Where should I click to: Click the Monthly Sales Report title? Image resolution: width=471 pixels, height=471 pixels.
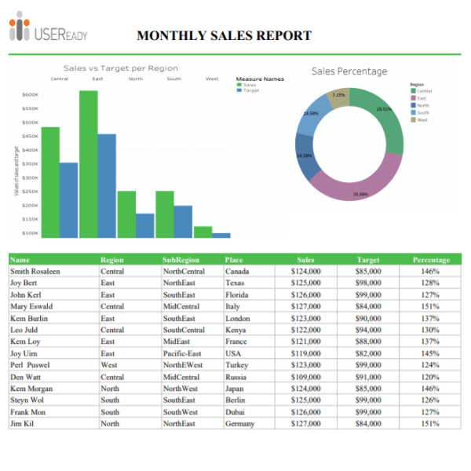click(x=224, y=36)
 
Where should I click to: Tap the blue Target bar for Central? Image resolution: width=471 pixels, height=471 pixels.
click(x=69, y=199)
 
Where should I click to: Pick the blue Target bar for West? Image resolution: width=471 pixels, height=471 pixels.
click(x=221, y=235)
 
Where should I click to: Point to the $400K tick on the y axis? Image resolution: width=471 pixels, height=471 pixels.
click(x=30, y=150)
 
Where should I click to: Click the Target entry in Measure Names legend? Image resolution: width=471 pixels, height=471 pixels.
click(x=250, y=91)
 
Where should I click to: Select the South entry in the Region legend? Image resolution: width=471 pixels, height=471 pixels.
click(x=422, y=112)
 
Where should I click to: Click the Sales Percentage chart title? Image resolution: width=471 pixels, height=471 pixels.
click(x=349, y=71)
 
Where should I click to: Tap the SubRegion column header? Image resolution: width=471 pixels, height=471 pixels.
click(x=181, y=260)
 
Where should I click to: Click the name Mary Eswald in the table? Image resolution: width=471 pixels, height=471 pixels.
click(x=31, y=307)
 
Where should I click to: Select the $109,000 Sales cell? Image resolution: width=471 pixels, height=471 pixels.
click(x=305, y=377)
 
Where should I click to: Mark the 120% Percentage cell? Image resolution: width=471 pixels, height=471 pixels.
click(x=430, y=377)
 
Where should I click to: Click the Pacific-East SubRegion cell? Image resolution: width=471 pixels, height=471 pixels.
click(x=183, y=353)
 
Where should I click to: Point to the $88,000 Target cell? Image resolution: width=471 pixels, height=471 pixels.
click(x=368, y=342)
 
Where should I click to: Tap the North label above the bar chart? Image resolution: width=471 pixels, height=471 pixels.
click(x=136, y=78)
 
